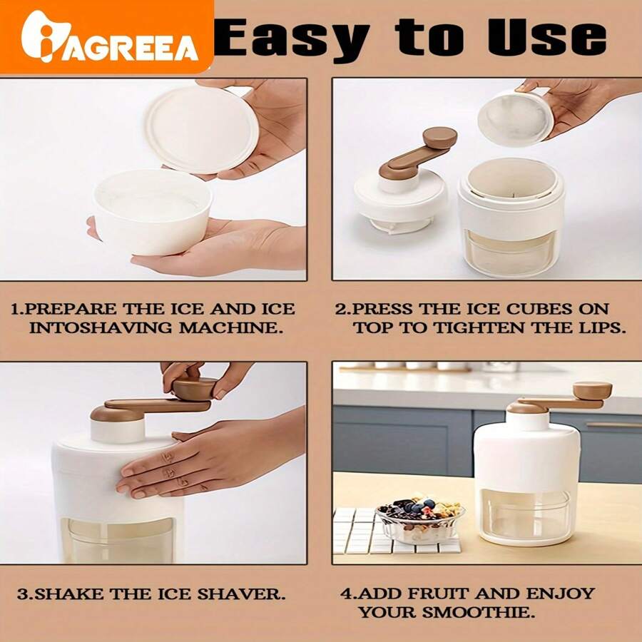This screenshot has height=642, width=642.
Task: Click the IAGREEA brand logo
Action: coord(110,37)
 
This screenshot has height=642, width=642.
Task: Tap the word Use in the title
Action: coord(546,37)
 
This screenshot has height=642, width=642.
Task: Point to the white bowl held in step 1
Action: coord(153,212)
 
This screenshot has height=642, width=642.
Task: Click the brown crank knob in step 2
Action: coord(439,138)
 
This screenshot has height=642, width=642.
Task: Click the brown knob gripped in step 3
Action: coord(194,388)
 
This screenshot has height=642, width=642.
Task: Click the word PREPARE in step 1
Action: coord(71,309)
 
